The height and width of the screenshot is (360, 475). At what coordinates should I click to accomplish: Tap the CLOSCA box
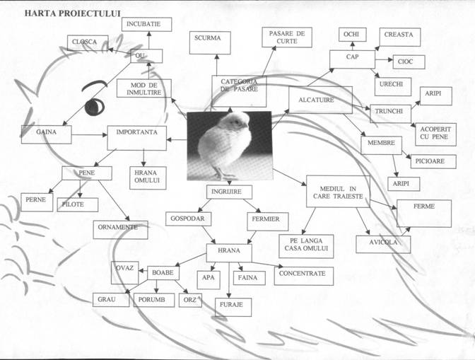(x=88, y=42)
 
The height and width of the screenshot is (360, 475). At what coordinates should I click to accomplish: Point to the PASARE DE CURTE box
(x=286, y=37)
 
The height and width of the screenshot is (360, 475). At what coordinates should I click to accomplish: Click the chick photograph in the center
(x=229, y=145)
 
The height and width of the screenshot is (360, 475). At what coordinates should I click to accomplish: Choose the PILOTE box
(x=77, y=205)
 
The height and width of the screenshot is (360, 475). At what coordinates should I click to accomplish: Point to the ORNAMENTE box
(x=120, y=229)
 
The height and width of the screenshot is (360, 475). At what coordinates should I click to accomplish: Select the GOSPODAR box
(x=187, y=219)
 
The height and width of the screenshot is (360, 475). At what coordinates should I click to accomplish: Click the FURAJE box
(x=233, y=307)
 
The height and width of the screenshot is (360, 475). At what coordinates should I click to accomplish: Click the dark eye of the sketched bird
(x=94, y=108)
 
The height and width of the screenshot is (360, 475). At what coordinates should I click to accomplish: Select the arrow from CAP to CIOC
(x=383, y=61)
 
